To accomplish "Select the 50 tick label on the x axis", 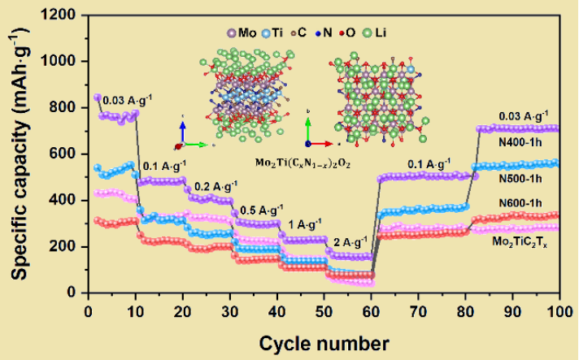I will pos(325,312).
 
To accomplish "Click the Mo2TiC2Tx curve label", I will pos(520,241).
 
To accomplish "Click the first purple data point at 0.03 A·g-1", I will pos(98,98).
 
